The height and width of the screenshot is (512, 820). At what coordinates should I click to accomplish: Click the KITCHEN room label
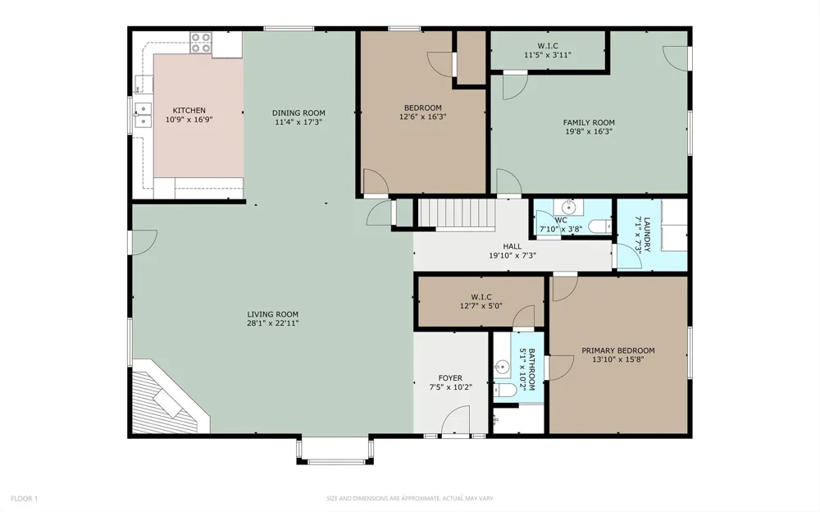coord(189,111)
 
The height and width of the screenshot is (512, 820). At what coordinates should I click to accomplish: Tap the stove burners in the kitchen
coord(200,43)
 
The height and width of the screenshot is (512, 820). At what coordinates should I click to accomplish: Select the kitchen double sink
coord(143,115)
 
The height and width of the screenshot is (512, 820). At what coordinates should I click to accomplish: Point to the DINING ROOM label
coord(298,112)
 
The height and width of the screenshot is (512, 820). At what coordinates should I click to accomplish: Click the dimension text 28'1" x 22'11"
coord(272,323)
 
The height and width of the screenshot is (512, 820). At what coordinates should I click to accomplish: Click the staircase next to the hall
coord(457,213)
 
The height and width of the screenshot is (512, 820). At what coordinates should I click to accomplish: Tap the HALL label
coord(512,246)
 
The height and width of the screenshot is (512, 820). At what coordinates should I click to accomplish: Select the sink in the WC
coord(568,208)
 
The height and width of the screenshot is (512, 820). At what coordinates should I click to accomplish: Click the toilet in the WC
coord(600,226)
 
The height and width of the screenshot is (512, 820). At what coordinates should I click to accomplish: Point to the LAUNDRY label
coord(647,235)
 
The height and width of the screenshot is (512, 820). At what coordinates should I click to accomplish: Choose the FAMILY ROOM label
coord(589,122)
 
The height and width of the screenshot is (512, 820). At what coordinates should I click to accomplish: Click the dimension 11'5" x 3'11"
coord(548,54)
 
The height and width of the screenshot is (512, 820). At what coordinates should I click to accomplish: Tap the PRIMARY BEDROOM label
coord(618,350)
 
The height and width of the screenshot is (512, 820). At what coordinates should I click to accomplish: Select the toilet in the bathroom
coord(504,390)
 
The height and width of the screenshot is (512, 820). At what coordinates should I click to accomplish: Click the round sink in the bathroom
coord(502,367)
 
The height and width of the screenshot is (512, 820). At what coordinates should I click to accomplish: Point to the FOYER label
coord(450,378)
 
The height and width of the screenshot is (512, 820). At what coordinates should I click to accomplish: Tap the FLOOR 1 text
coord(24,499)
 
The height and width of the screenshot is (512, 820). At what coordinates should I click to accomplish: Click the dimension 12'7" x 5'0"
coord(481,306)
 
